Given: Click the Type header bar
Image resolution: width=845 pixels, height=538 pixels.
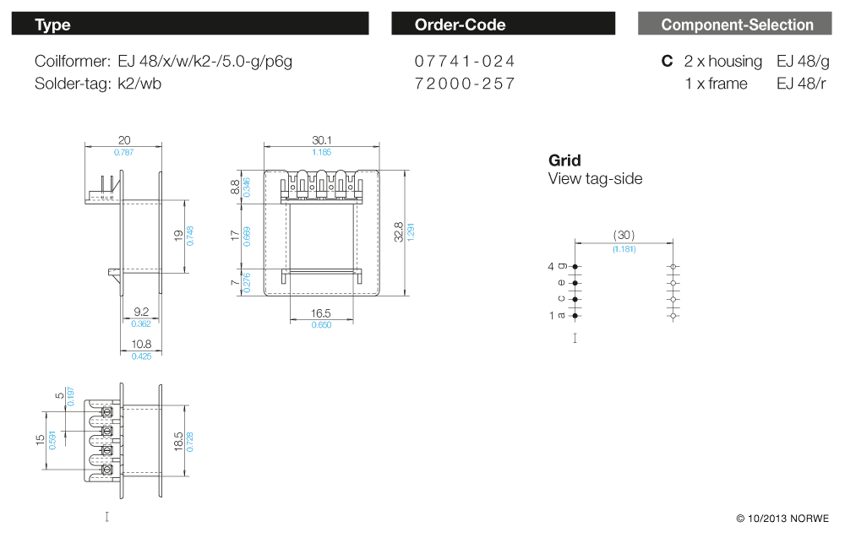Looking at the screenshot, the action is point(190,24).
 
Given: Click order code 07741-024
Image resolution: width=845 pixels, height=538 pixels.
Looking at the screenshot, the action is point(465,62).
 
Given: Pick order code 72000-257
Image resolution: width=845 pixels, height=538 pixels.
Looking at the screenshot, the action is point(465,84).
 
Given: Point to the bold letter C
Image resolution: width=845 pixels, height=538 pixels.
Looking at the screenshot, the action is point(668,62).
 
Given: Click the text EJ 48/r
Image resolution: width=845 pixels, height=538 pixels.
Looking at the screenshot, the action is point(801,84).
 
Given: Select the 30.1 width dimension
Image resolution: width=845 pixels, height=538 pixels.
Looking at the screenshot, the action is point(322,140).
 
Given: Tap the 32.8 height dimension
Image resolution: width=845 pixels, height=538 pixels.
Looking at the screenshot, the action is point(399,232).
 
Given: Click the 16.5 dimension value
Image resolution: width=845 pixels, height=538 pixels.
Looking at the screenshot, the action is point(320,313).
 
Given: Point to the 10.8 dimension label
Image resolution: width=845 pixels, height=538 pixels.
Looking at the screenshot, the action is point(141,344).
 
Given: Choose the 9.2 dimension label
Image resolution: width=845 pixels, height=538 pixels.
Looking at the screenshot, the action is point(141,312).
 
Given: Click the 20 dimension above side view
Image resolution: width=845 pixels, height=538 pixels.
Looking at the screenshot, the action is point(124,140).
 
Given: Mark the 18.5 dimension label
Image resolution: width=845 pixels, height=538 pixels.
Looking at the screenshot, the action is point(178,442).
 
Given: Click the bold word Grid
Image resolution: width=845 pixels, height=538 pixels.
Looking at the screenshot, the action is point(564,160).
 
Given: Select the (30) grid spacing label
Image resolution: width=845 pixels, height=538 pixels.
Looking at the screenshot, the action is point(624,236).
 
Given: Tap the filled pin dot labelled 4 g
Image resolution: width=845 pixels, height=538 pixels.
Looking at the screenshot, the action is point(575,267).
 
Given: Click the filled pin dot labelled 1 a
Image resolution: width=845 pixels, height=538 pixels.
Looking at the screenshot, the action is point(575,316).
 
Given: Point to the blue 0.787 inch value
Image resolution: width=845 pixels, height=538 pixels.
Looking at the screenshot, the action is point(124,152).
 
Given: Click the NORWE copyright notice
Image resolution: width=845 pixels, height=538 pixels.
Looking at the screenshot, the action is point(782,519).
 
